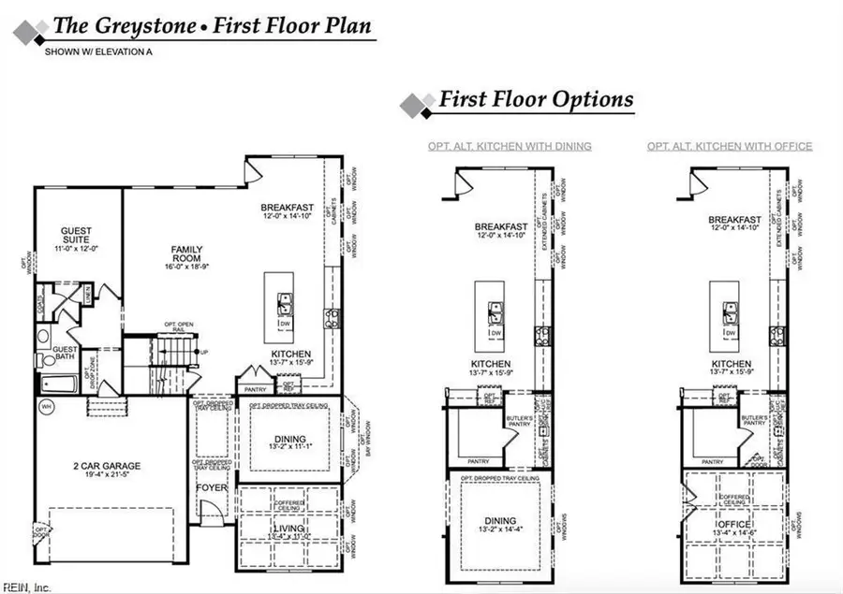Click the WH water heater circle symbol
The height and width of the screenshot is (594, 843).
tap(46, 405)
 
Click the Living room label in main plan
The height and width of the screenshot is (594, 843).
tap(289, 530)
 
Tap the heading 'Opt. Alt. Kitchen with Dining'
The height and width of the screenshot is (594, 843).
tap(510, 146)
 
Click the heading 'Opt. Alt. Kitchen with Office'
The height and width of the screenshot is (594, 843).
tap(730, 146)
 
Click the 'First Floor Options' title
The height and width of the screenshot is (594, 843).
tap(536, 99)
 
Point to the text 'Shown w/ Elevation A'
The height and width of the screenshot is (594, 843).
tap(98, 52)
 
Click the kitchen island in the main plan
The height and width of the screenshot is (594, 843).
tap(280, 307)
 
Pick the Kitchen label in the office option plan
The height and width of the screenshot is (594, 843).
tap(730, 364)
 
